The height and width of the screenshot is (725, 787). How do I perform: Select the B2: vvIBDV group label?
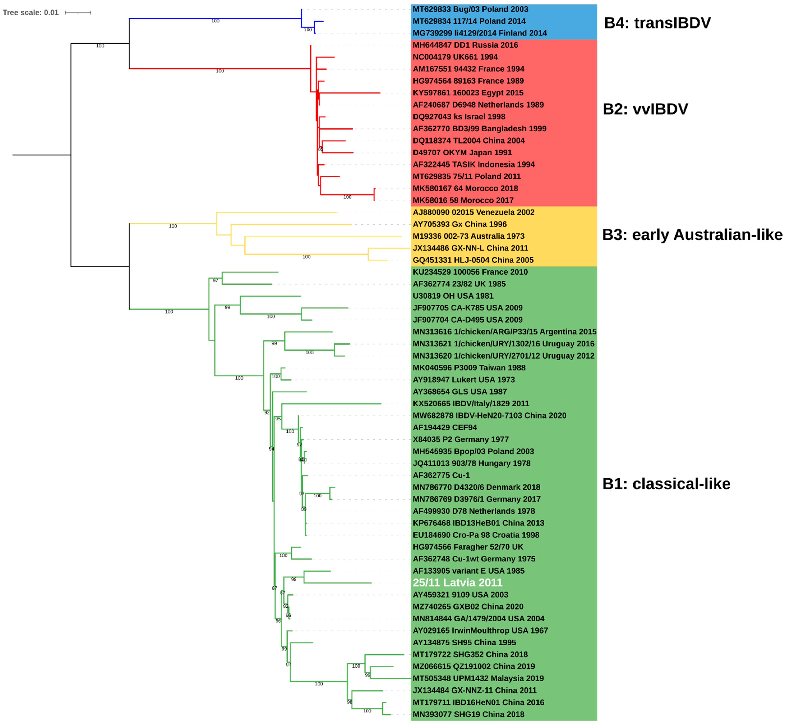[645, 109]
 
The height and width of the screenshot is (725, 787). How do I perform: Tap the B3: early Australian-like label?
[692, 235]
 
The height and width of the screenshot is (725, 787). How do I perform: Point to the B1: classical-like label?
[666, 484]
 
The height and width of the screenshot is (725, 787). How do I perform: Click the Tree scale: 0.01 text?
[31, 13]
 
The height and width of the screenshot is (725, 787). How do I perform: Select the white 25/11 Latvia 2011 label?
[457, 583]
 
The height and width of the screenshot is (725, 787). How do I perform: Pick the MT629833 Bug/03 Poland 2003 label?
[470, 9]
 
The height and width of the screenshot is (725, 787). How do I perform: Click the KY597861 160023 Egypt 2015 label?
[468, 93]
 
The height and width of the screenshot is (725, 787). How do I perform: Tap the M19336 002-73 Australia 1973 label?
[468, 236]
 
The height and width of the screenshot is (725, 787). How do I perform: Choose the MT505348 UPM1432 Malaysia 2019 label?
[478, 678]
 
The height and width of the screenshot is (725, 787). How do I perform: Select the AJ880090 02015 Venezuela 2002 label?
[473, 212]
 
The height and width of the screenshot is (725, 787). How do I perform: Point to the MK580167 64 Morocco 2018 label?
[465, 188]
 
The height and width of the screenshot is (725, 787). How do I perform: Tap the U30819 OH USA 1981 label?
[453, 296]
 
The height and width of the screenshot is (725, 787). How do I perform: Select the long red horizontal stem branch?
[220, 69]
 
